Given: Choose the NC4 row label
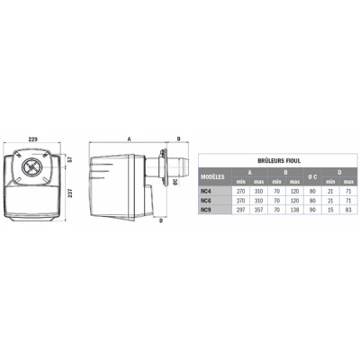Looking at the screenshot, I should [x=207, y=190].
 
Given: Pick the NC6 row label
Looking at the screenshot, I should [x=207, y=200].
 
